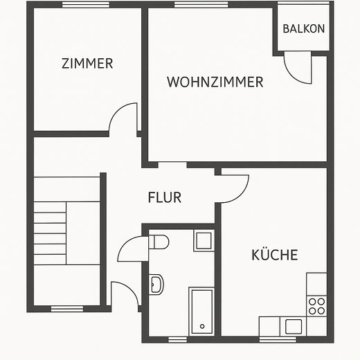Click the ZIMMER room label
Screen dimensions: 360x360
coord(87,64)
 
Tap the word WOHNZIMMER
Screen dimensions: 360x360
coord(215,82)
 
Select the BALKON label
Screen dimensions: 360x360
coord(303,29)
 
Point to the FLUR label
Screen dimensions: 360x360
coord(165,197)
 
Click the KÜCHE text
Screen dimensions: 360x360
coord(274,255)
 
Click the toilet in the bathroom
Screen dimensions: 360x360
coord(159,243)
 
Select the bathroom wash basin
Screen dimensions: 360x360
coord(156,284)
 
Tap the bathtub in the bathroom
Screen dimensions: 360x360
coord(201,311)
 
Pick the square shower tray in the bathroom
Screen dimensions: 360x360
coord(203,241)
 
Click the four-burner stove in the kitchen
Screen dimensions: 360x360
coord(316,305)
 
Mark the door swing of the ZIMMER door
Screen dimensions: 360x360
coord(125,118)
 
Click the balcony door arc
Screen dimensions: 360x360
coord(302,70)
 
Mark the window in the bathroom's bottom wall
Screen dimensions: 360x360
coord(178,339)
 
